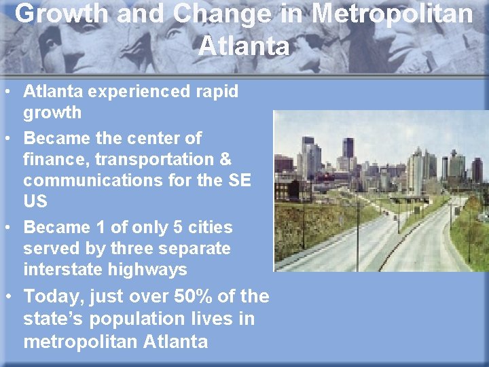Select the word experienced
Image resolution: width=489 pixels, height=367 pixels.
(132, 91)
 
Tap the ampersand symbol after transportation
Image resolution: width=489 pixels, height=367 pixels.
(225, 160)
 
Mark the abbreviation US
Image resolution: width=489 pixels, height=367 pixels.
(35, 202)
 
